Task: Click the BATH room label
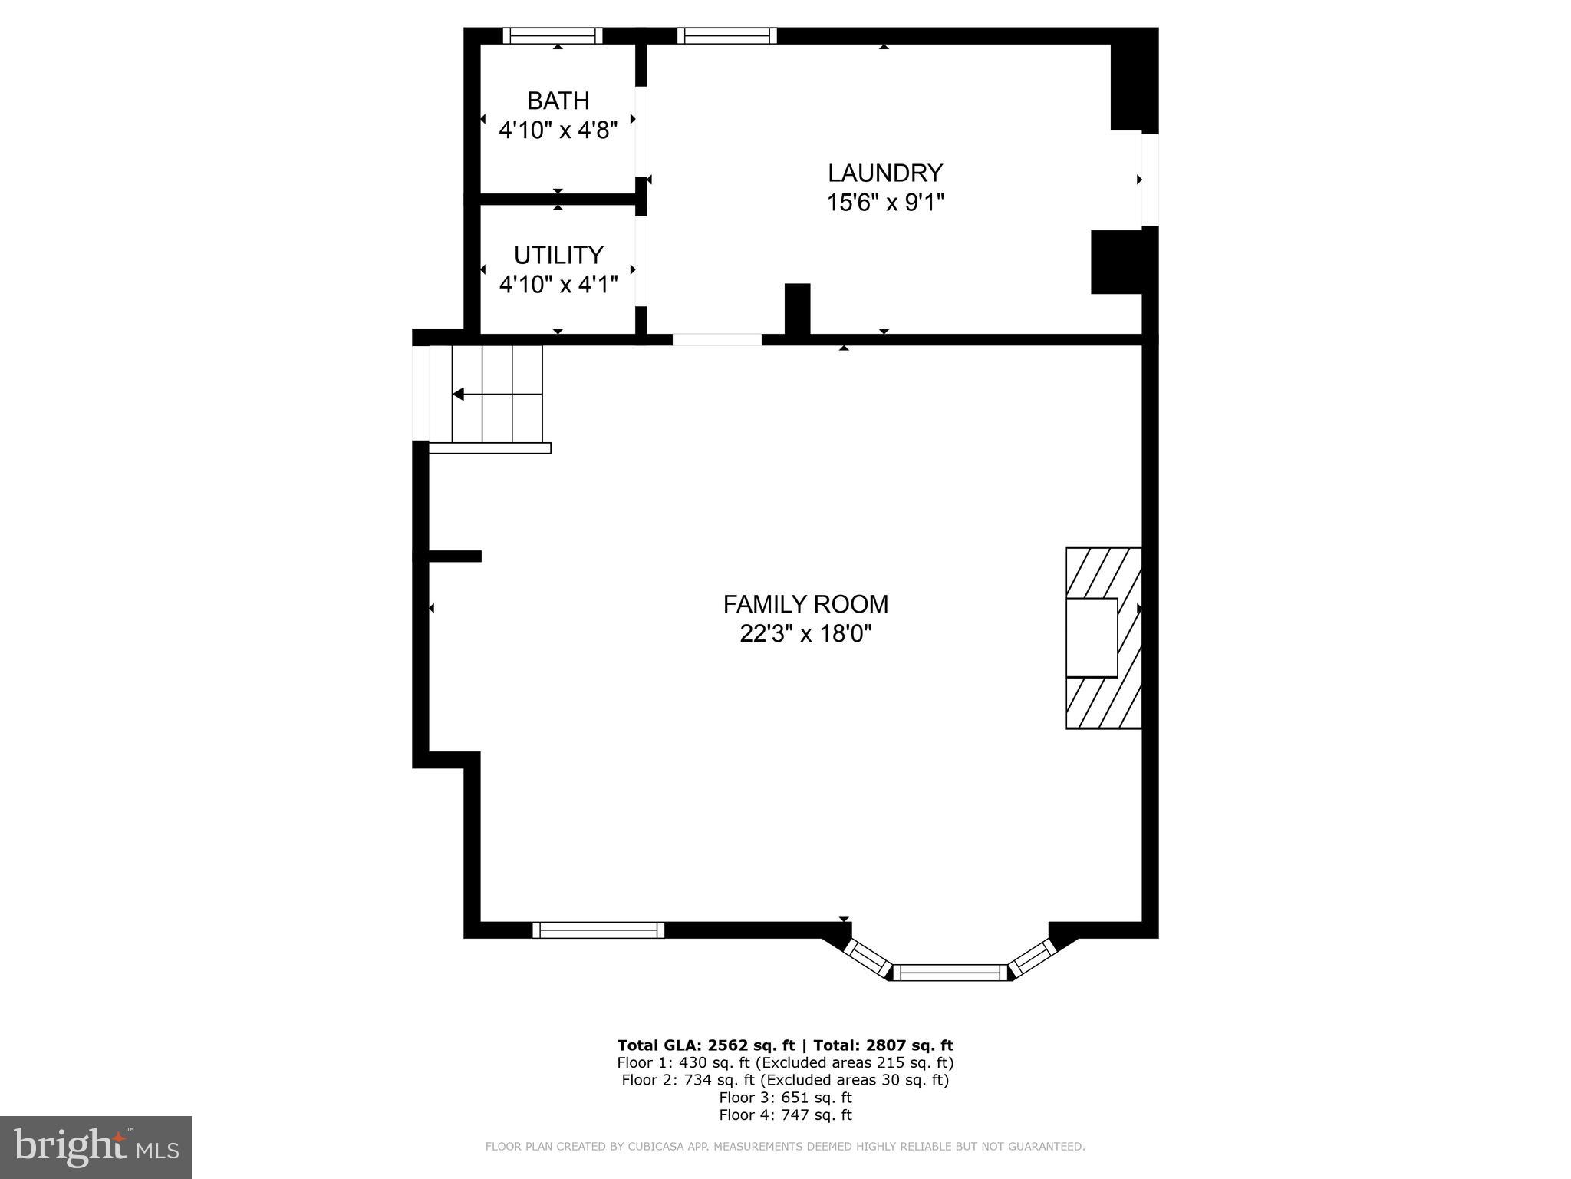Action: (558, 101)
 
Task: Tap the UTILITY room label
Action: (558, 255)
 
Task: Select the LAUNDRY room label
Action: (884, 173)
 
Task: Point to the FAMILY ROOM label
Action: (805, 604)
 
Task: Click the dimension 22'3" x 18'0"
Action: (805, 634)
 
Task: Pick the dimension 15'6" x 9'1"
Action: (884, 203)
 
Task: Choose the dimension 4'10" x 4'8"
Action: (558, 130)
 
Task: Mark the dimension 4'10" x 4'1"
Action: (558, 285)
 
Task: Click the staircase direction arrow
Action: (459, 395)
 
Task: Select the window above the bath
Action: (552, 35)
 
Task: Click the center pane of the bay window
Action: (951, 973)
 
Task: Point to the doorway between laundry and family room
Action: (717, 340)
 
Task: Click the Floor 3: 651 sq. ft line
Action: (785, 1098)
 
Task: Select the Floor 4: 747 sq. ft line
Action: (785, 1115)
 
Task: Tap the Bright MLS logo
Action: (95, 1147)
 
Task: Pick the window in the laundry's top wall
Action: (726, 35)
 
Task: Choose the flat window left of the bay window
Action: (598, 930)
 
